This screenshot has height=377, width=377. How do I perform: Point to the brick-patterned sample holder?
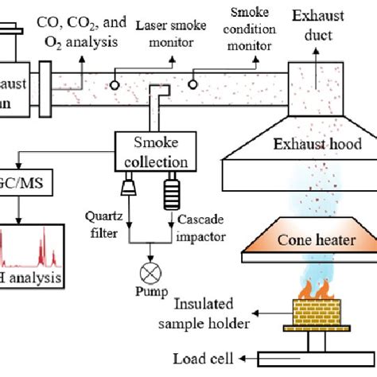coord(314,313)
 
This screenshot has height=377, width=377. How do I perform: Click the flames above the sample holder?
coord(314,286)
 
